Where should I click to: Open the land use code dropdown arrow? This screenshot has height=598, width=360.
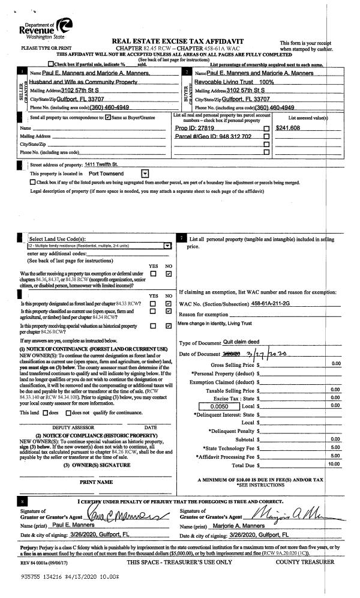tap(167, 246)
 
